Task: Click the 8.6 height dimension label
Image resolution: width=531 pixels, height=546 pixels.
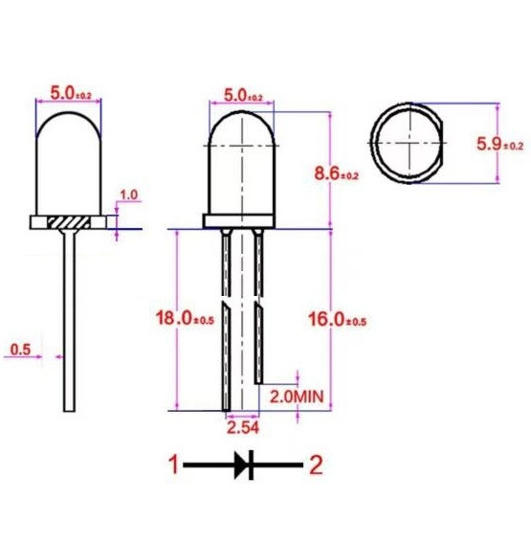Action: tap(336, 173)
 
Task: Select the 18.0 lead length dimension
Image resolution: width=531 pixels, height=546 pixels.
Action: tap(185, 318)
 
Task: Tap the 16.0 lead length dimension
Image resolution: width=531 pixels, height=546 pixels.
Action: tap(338, 319)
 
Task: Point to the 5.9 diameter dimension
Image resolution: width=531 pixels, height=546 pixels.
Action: tap(499, 144)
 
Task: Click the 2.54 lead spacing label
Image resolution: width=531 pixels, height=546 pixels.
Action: tap(243, 427)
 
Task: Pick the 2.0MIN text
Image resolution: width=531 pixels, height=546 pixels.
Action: tap(297, 397)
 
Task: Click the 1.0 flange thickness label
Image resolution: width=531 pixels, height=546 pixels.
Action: tap(128, 194)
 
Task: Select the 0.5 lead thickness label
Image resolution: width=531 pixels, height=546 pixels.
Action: tap(20, 350)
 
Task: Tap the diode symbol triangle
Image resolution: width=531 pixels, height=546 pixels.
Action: tap(241, 465)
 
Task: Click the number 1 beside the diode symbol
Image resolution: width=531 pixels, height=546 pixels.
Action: tap(173, 465)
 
